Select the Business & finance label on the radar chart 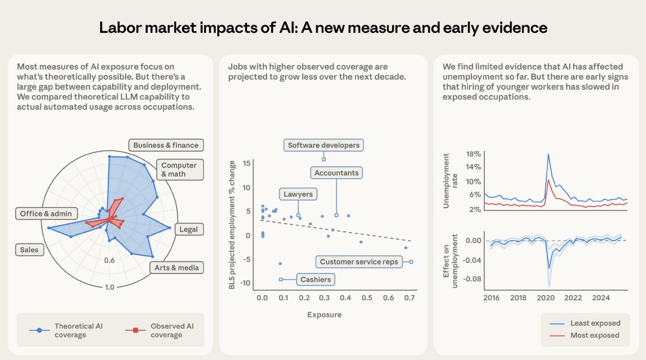coord(166,145)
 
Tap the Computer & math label coord(179,169)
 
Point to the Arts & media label coord(176,267)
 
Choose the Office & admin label coord(46,213)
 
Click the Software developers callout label coord(323,146)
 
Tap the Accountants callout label coord(336,173)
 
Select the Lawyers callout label coord(298,194)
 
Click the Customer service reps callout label coord(359,262)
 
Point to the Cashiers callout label coord(316,279)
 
